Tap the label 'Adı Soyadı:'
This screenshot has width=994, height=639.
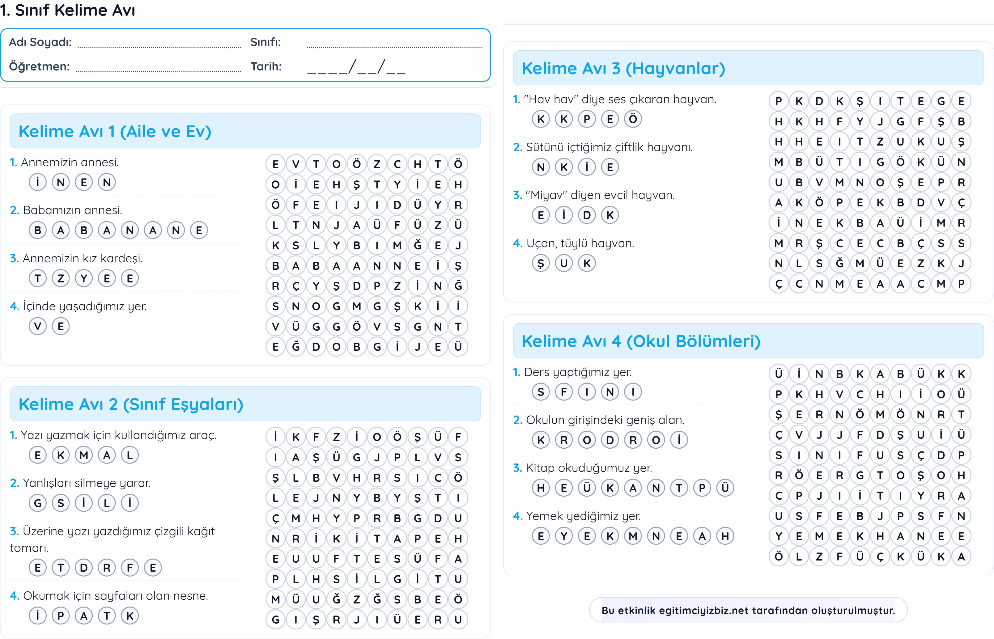40,42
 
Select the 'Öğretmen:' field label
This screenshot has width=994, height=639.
40,66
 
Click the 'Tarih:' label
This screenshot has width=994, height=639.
266,66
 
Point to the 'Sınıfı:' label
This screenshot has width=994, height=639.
265,42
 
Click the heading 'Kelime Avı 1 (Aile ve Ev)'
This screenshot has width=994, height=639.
115,132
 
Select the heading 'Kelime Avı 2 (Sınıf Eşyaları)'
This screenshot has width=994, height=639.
131,404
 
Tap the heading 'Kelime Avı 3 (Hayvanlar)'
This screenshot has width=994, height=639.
623,69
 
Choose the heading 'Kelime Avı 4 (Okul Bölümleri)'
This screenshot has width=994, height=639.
641,341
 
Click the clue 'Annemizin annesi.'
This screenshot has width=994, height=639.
70,162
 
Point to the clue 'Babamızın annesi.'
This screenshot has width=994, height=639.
72,210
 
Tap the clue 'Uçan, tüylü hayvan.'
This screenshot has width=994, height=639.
580,243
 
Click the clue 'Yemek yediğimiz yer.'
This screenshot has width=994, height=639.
583,516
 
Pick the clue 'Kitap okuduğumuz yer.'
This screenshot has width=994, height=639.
588,468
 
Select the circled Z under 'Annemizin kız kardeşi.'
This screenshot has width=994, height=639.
61,278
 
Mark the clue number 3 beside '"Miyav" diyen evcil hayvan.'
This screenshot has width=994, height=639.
517,195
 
